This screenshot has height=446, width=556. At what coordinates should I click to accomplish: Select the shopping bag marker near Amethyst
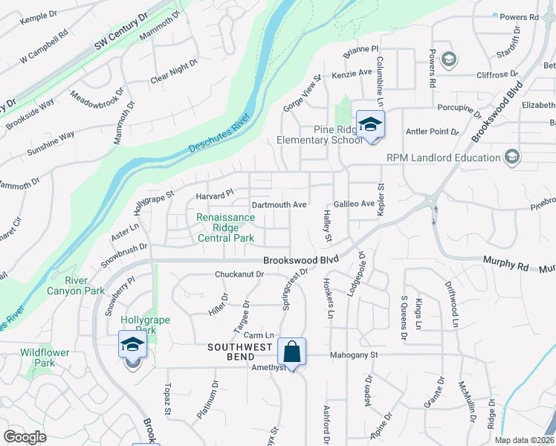click(293, 352)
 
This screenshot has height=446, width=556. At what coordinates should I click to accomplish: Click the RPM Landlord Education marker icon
click(511, 157)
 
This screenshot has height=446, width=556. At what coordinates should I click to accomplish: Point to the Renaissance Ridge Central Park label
click(226, 227)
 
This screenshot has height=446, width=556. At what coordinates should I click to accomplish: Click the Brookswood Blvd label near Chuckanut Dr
click(301, 261)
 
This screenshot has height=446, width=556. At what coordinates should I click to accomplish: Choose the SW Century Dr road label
click(122, 35)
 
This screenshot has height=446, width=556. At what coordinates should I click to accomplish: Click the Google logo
click(25, 437)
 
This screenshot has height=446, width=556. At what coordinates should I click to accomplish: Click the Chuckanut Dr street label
click(239, 274)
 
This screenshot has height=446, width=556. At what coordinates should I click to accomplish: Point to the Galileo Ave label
click(354, 204)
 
